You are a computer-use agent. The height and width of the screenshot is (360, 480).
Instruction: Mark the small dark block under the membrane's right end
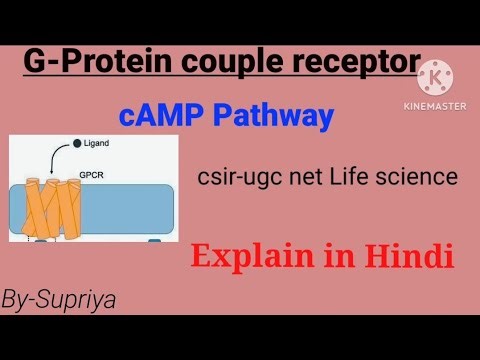point(155,240)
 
